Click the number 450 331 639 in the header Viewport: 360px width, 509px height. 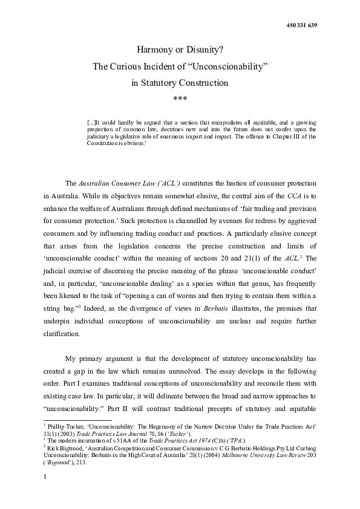[x=301, y=25]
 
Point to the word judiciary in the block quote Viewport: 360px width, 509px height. [x=103, y=137]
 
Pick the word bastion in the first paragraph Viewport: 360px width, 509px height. [x=242, y=183]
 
